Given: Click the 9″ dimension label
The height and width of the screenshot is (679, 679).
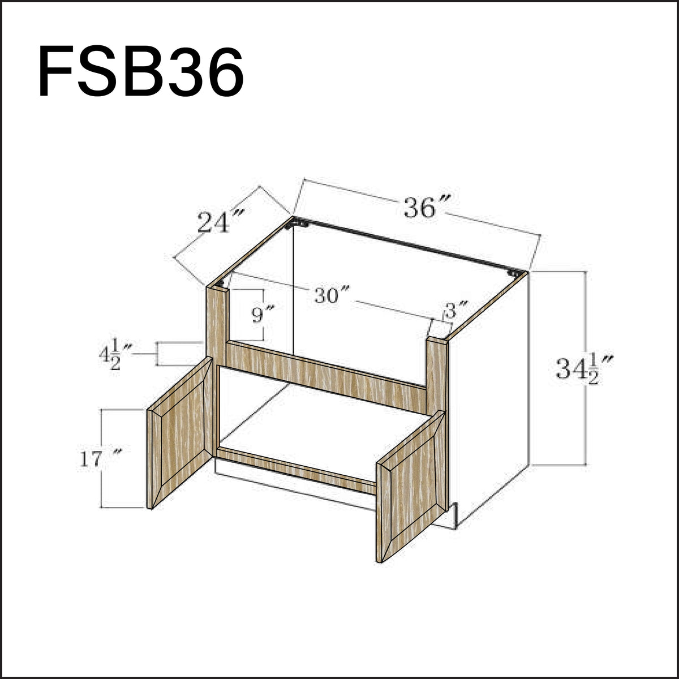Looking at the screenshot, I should [x=262, y=313].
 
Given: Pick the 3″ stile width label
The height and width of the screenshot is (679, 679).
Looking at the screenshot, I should [x=456, y=311].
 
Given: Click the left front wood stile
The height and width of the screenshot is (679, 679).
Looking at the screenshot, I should [x=216, y=323].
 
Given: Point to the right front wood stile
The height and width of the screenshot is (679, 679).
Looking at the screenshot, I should [x=437, y=373].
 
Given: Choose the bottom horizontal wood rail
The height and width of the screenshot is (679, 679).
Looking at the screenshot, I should [x=297, y=468].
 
